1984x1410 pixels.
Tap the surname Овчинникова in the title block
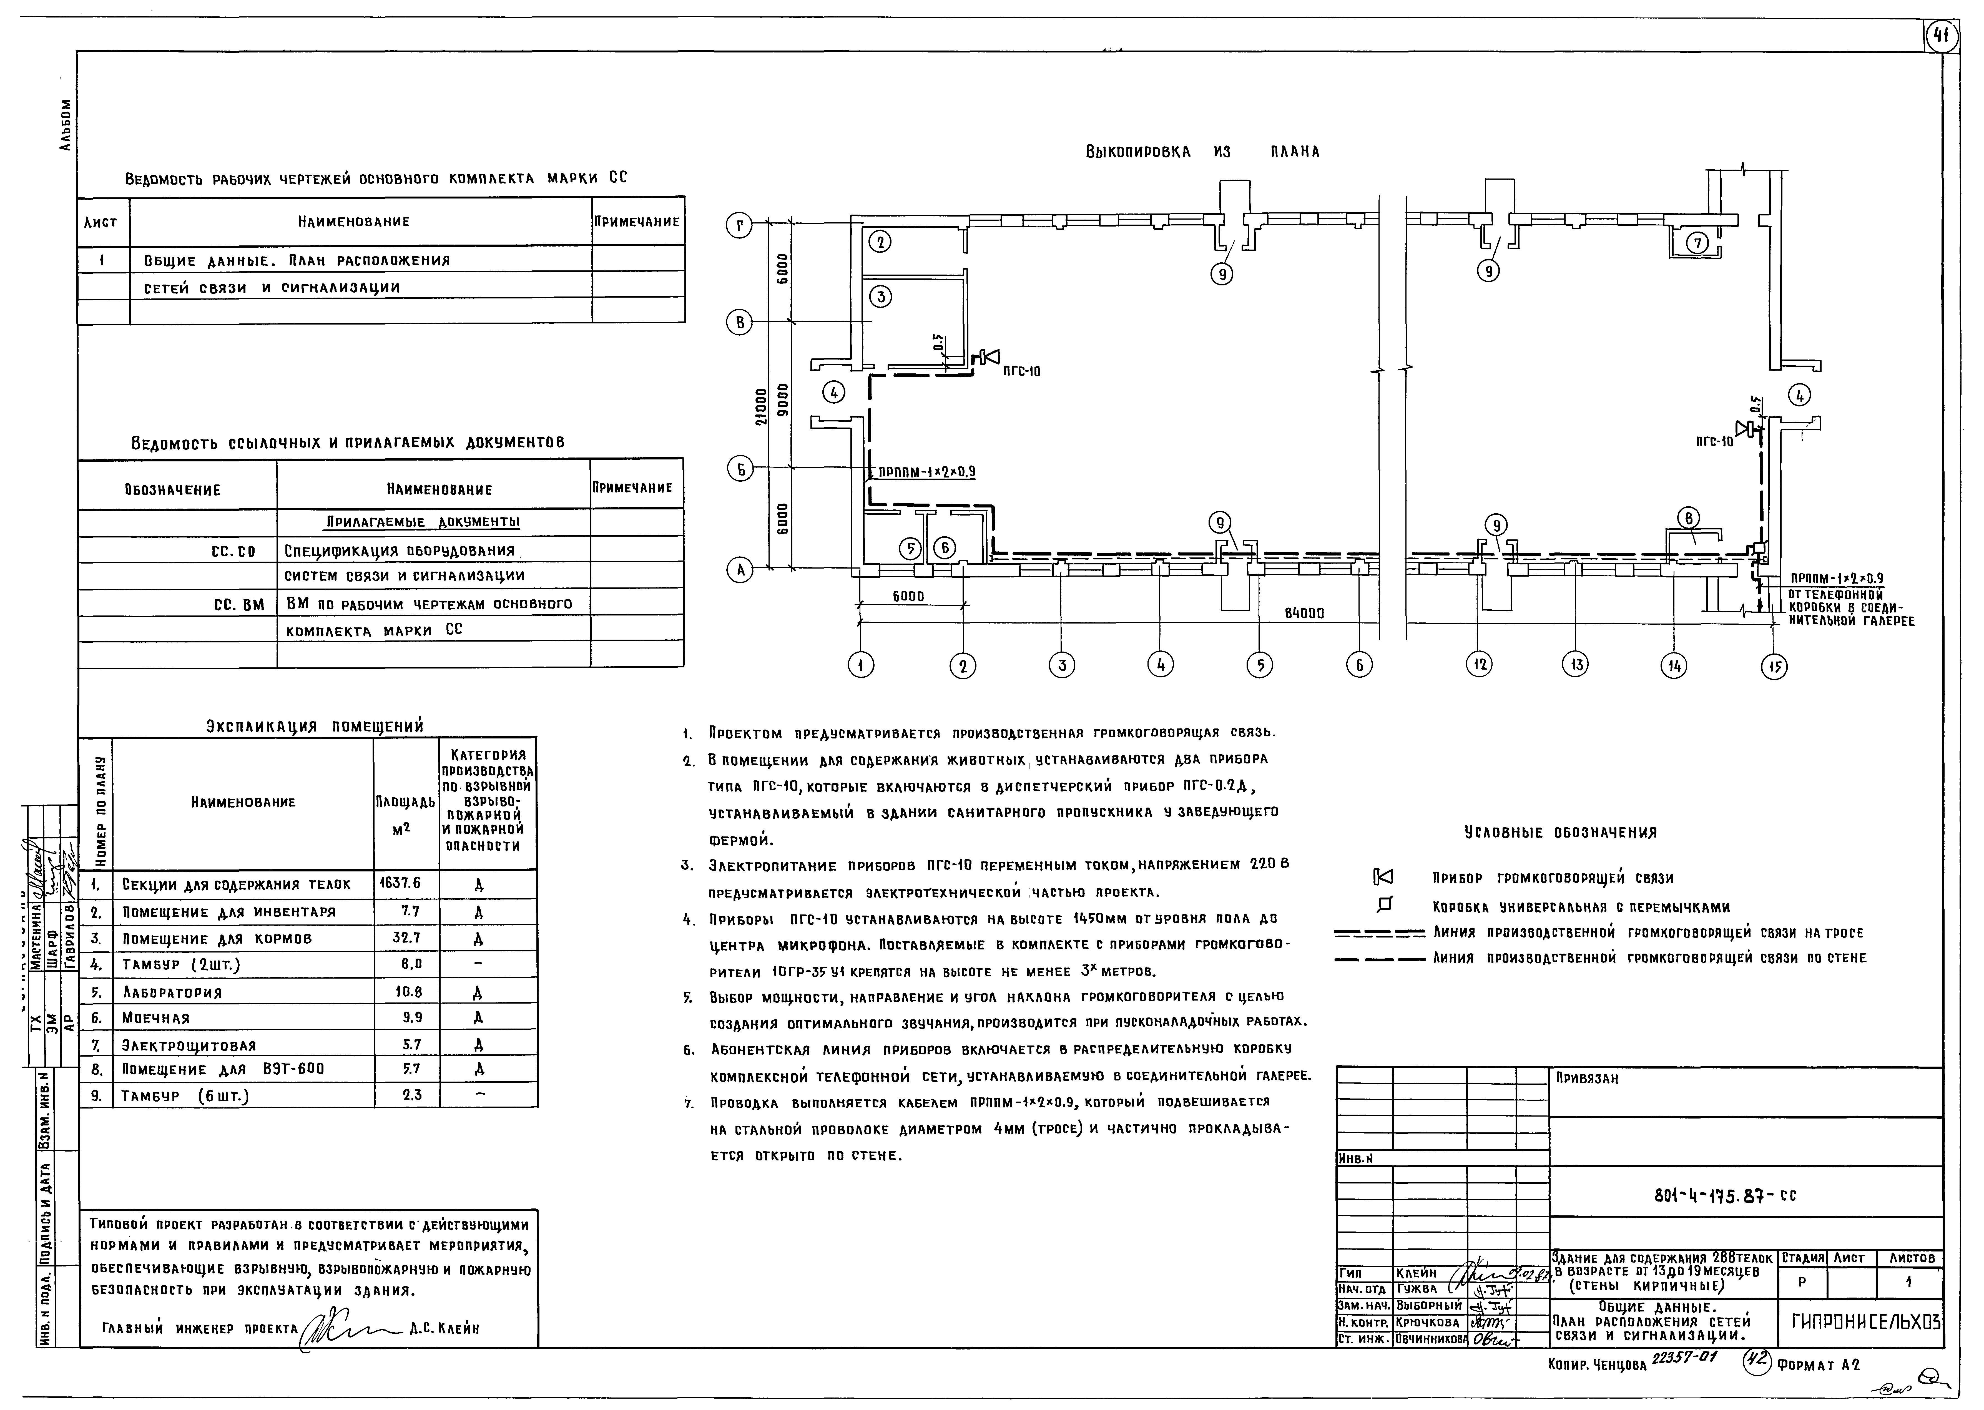(x=1430, y=1339)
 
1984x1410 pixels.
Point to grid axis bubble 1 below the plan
(x=860, y=666)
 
